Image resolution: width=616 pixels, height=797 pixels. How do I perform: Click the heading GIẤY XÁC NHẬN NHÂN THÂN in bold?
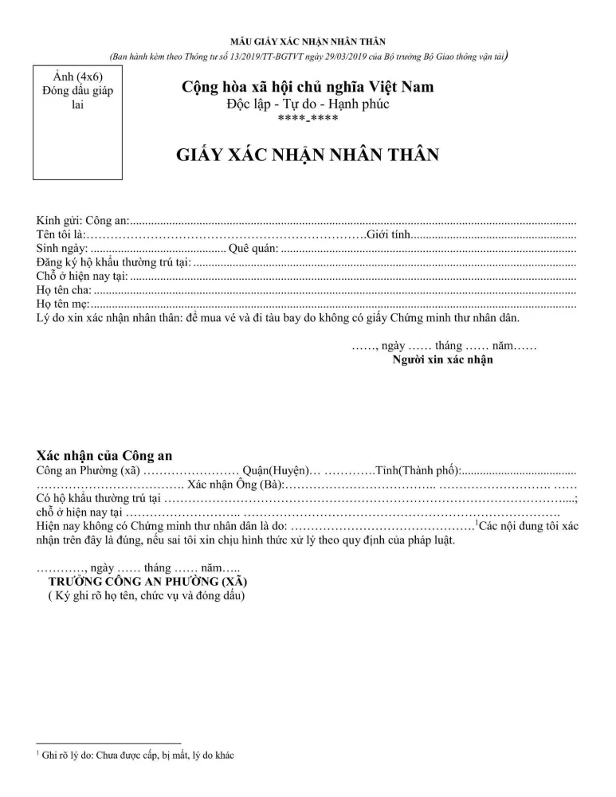pyautogui.click(x=308, y=155)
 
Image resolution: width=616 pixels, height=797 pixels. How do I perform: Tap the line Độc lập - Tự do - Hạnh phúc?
pyautogui.click(x=308, y=104)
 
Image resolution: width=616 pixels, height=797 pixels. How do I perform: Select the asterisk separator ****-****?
pyautogui.click(x=308, y=120)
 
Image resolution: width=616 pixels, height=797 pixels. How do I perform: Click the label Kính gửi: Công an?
pyautogui.click(x=82, y=220)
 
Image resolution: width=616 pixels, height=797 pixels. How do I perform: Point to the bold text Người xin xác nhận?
pyautogui.click(x=442, y=360)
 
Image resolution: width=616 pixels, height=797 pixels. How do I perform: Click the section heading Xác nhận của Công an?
pyautogui.click(x=104, y=456)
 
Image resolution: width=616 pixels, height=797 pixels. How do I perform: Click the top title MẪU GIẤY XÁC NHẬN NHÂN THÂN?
pyautogui.click(x=308, y=41)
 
